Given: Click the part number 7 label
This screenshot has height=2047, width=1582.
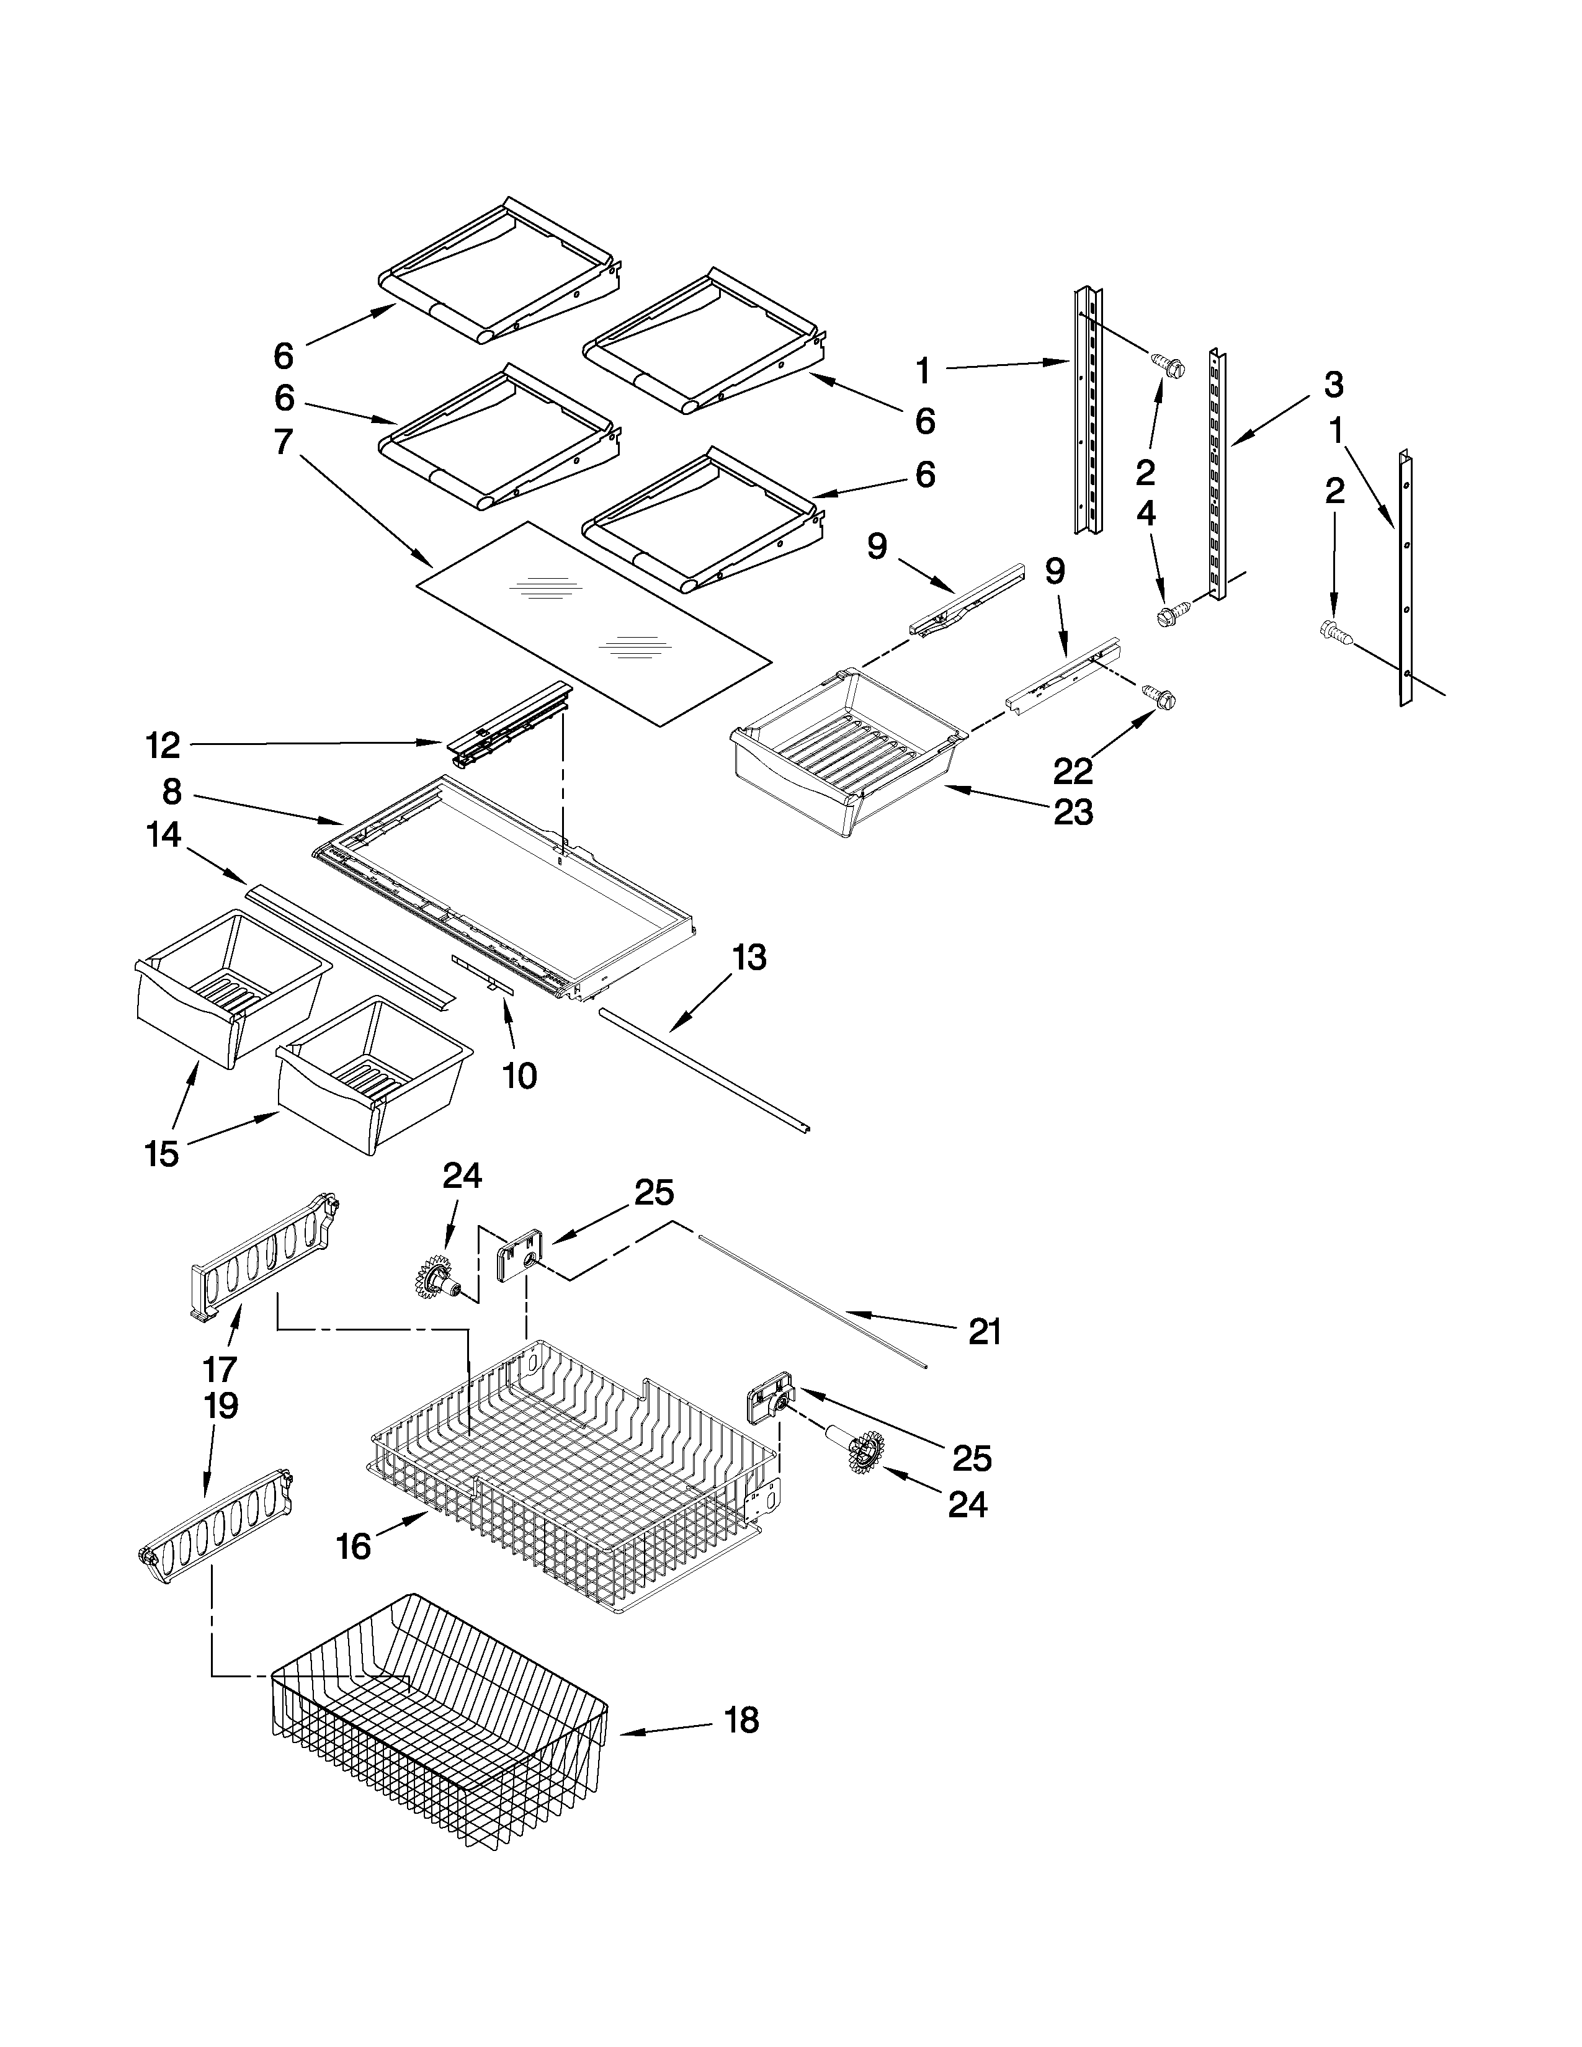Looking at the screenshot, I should click(283, 442).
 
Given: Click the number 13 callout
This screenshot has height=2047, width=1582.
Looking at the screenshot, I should click(748, 958).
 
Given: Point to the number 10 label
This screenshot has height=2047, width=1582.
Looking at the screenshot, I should click(519, 1076).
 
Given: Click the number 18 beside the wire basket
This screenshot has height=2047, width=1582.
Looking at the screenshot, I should click(741, 1721).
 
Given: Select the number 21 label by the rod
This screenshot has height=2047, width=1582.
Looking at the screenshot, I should click(984, 1331).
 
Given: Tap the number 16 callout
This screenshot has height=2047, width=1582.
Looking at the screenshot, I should click(354, 1546).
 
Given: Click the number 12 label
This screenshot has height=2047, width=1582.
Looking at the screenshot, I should click(162, 746).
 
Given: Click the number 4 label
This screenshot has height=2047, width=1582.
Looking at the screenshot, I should click(1145, 514).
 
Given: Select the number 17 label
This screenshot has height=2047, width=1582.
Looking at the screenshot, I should click(219, 1370).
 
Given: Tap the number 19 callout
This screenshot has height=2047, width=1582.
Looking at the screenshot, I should click(219, 1406).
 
